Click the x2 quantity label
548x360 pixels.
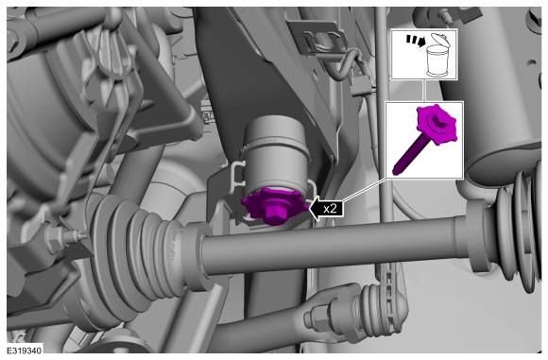(x=330, y=209)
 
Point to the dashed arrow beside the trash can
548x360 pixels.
(x=415, y=40)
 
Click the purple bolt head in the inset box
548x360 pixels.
(x=437, y=124)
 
